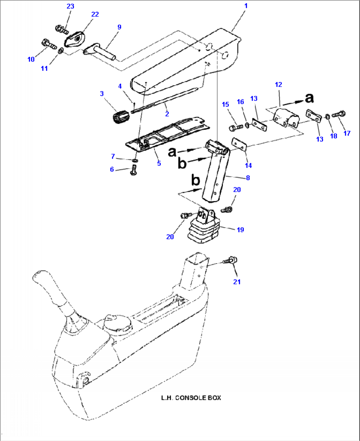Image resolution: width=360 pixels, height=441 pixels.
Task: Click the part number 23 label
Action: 70,6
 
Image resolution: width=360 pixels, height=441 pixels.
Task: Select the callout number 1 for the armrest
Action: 245,6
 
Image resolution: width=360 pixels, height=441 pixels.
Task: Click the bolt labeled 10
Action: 48,44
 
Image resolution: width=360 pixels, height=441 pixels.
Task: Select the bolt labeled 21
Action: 232,261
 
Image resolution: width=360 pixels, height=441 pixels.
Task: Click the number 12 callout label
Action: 278,85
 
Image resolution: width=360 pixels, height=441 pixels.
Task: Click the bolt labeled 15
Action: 235,127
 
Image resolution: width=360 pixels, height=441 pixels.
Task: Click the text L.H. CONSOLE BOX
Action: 191,398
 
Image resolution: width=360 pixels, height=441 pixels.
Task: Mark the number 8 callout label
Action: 248,178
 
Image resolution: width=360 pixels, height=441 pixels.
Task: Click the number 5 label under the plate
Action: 159,163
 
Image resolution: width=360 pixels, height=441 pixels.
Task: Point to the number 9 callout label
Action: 119,27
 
